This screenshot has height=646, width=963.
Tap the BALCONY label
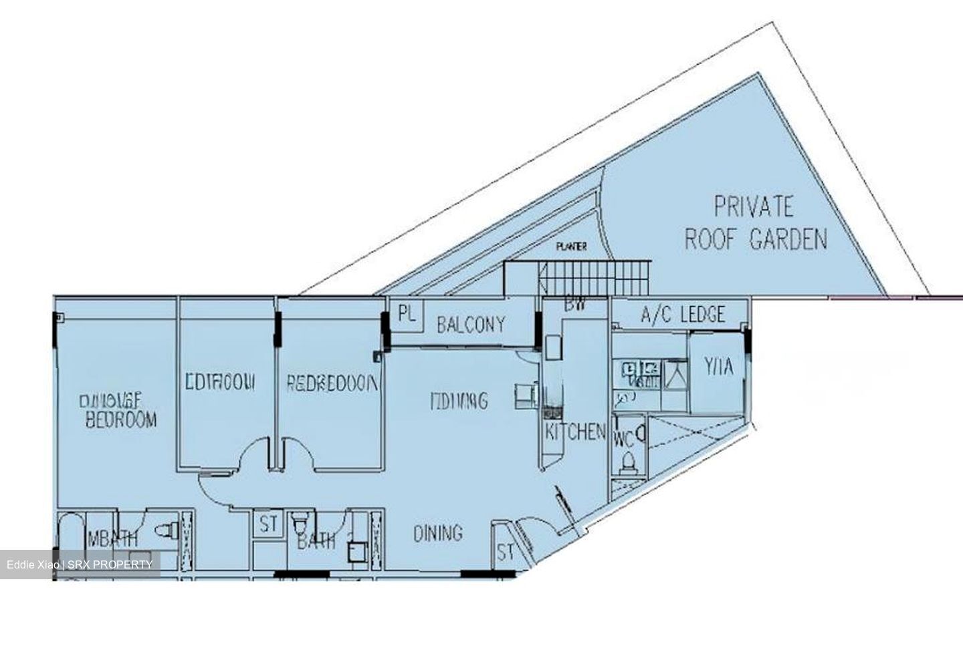click(470, 325)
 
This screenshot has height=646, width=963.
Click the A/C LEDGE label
click(682, 314)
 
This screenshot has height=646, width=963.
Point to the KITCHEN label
click(575, 432)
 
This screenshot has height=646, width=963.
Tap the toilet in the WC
click(628, 462)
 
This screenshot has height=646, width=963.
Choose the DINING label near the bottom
click(437, 533)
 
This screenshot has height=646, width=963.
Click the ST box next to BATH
click(269, 525)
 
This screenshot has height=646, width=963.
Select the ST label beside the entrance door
click(506, 552)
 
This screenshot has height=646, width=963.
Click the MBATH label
click(112, 538)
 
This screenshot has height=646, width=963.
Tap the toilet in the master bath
click(165, 530)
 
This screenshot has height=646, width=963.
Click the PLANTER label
click(571, 247)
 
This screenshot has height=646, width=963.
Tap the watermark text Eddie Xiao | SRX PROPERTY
click(80, 565)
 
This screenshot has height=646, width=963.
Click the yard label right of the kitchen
click(719, 366)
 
